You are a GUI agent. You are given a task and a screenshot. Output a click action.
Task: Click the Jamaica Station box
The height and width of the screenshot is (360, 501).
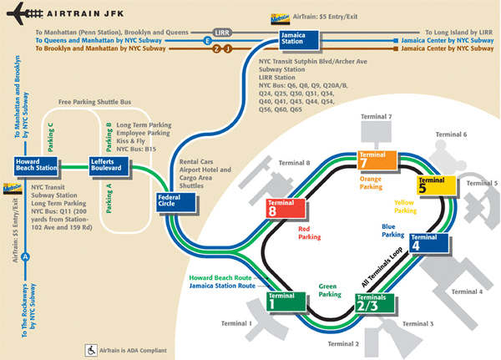click(300, 40)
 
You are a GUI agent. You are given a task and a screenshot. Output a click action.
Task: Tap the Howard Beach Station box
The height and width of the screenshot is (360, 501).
click(36, 166)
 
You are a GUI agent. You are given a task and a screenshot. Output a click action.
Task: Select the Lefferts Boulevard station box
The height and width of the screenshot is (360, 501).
click(109, 166)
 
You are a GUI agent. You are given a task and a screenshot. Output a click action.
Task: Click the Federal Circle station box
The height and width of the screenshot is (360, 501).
click(175, 202)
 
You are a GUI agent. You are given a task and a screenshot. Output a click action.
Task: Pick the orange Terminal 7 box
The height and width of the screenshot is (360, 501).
click(377, 160)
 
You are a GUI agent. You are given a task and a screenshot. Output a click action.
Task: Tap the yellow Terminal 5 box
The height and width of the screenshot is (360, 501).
click(437, 185)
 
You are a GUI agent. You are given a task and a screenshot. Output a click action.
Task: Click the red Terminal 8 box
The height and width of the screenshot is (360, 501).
click(286, 208)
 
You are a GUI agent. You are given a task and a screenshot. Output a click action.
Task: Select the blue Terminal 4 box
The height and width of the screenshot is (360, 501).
click(429, 243)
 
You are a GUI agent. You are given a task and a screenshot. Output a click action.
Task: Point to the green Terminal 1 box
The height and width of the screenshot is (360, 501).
click(286, 302)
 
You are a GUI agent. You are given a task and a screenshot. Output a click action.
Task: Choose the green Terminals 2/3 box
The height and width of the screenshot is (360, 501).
click(374, 302)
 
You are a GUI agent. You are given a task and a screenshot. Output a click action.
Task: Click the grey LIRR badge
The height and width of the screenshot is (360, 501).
click(222, 33)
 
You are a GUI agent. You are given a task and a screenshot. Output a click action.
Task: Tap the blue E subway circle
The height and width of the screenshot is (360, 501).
click(208, 41)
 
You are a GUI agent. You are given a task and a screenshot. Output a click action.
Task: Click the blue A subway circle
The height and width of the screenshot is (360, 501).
click(25, 256)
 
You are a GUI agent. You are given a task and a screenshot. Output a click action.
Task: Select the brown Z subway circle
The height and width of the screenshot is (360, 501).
click(217, 49)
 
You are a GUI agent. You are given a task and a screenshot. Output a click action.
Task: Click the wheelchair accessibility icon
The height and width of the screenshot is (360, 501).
click(91, 351)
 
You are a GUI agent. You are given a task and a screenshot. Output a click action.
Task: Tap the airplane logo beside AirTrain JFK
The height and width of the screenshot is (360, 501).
click(24, 13)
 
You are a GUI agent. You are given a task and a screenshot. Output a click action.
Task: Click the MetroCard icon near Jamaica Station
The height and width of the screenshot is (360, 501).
click(281, 19)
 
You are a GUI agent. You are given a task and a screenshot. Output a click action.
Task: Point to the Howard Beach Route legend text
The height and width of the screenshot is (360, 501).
click(220, 278)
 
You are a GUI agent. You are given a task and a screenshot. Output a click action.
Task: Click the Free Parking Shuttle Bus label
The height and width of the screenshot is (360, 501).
click(94, 102)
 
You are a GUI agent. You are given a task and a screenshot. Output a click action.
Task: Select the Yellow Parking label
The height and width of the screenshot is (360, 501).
click(405, 206)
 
